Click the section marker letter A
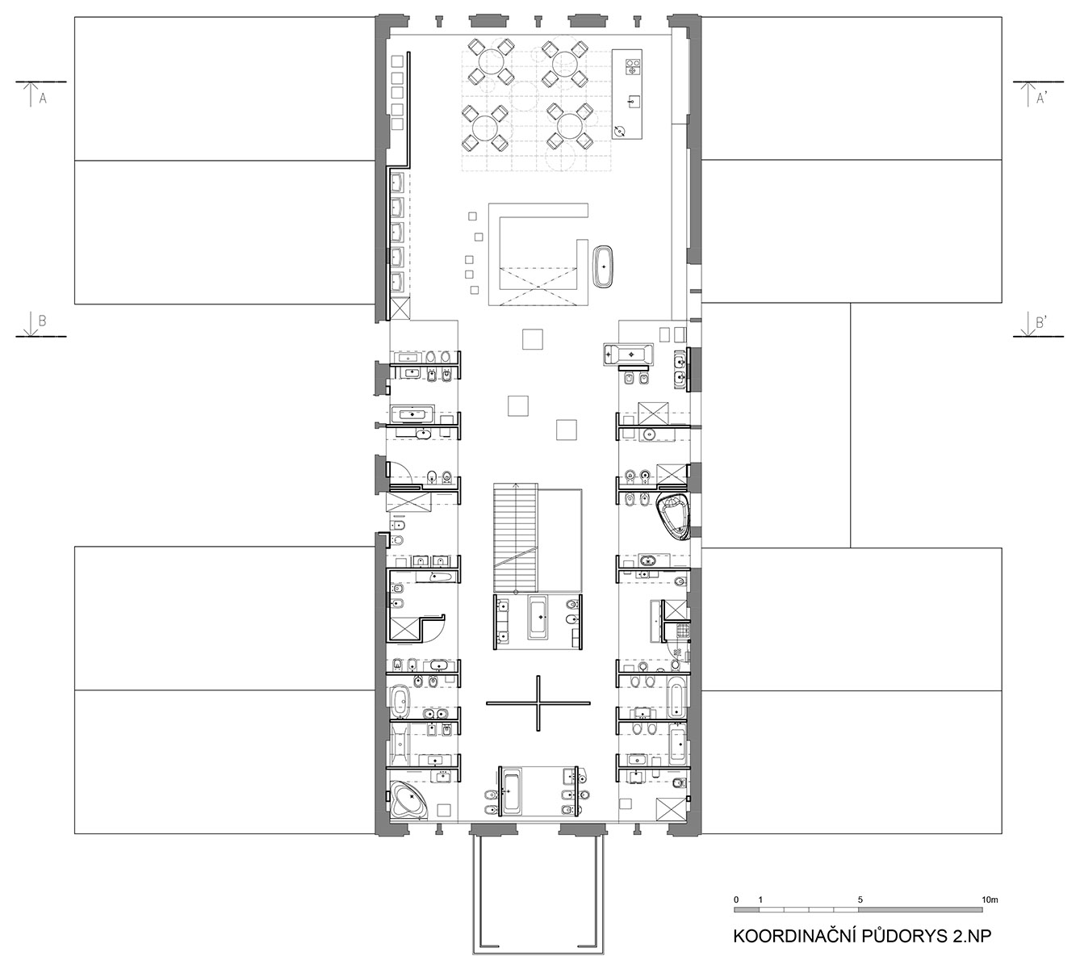(x=43, y=99)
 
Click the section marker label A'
(x=1040, y=99)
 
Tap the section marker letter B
(x=43, y=321)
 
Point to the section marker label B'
(x=1040, y=322)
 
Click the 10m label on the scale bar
(x=990, y=900)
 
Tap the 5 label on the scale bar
(x=860, y=900)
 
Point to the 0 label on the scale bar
(x=736, y=900)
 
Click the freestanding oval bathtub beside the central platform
(x=604, y=266)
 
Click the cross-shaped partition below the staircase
(x=538, y=703)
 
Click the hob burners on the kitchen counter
(x=634, y=67)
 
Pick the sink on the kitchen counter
(x=634, y=101)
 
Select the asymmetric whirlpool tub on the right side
(x=674, y=516)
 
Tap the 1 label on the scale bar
(x=760, y=900)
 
